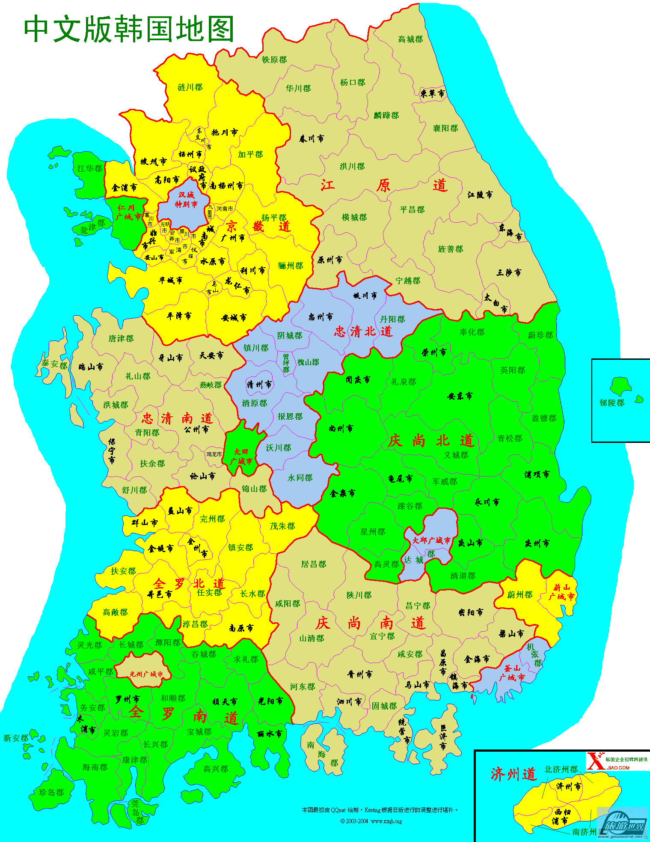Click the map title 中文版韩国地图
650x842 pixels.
click(128, 29)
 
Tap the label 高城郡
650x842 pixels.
click(410, 39)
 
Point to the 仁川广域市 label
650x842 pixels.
click(128, 212)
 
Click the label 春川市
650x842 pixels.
click(312, 139)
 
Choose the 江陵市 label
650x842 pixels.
click(480, 195)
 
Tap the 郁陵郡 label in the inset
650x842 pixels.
click(611, 403)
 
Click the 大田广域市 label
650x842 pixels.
click(241, 457)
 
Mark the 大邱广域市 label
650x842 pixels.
click(431, 540)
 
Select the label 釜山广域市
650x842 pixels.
click(512, 673)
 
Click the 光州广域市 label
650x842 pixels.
click(146, 674)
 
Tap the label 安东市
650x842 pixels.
click(460, 396)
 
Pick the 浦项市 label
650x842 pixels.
click(537, 475)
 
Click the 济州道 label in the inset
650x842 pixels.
click(513, 774)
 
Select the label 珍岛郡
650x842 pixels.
click(51, 793)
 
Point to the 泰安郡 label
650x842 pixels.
click(54, 364)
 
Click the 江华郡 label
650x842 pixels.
click(90, 169)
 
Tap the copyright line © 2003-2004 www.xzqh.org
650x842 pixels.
click(371, 821)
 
